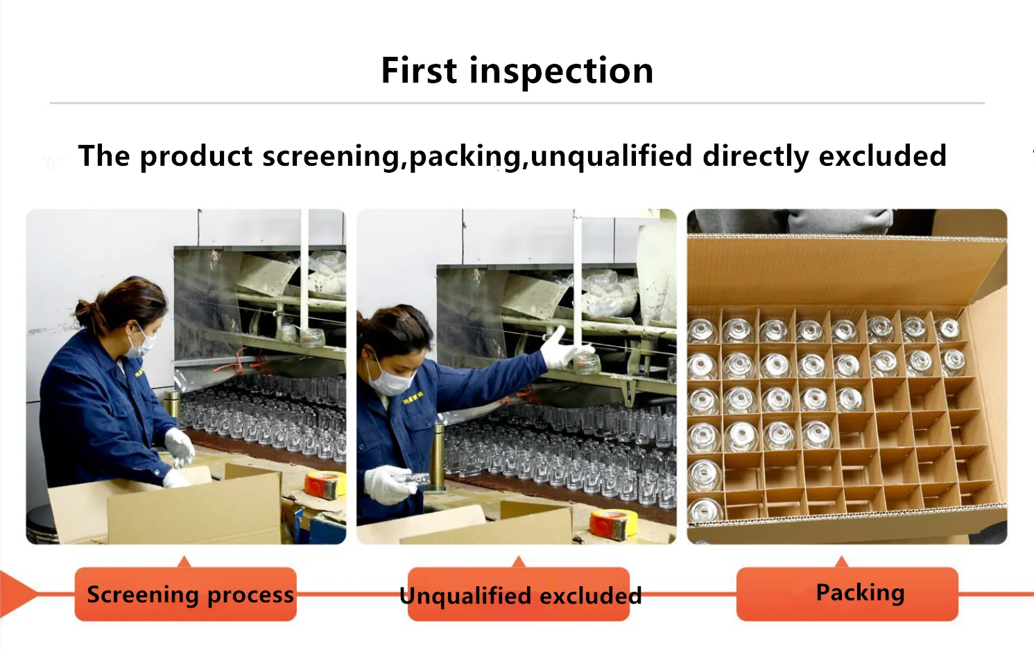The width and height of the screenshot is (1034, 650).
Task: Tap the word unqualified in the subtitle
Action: (611, 156)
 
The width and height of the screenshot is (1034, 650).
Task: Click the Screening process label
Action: (186, 595)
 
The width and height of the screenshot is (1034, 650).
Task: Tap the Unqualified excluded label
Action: (519, 595)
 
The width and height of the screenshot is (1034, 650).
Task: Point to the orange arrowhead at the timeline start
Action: (17, 593)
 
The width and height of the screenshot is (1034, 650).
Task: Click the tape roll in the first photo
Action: (325, 484)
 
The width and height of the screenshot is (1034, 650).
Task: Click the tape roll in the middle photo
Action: (612, 524)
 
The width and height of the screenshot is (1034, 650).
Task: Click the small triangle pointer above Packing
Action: (842, 561)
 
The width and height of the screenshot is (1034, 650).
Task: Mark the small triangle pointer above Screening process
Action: (184, 561)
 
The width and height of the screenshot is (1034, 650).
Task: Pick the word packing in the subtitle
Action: (465, 157)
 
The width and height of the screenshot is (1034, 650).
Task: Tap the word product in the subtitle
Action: (196, 157)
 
